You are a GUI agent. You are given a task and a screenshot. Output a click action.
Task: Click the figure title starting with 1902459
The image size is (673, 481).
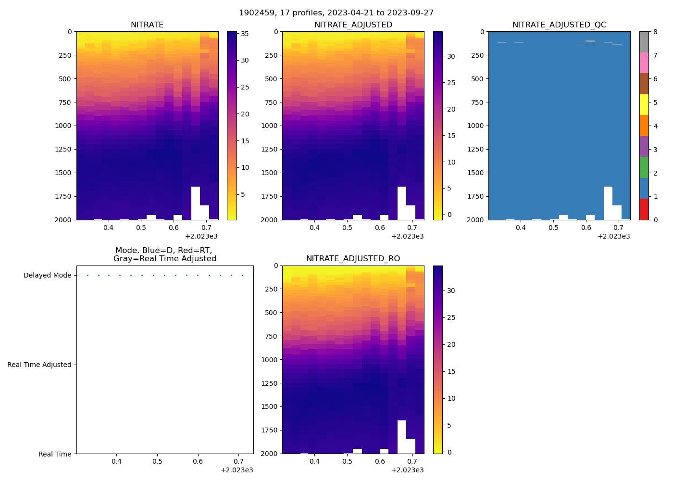336,13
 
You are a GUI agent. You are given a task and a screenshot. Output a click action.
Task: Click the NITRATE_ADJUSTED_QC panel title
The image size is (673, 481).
559,25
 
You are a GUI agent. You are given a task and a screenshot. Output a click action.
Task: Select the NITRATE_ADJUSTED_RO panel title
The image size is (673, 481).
353,259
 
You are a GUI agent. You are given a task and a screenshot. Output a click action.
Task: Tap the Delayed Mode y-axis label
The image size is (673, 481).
47,276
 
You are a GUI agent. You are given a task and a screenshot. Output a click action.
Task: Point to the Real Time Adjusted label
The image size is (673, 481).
39,365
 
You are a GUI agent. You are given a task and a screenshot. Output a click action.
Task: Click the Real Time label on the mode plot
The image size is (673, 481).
55,454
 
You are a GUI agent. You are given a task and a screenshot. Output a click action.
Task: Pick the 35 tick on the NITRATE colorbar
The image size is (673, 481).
245,34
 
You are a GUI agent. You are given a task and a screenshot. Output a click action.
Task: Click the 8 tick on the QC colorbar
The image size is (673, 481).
656,32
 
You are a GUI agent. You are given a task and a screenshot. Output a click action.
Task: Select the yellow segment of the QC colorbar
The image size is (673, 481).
644,105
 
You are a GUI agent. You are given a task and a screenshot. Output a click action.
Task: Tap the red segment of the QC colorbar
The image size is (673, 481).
644,209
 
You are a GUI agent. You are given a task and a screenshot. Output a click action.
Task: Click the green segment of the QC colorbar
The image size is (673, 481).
644,167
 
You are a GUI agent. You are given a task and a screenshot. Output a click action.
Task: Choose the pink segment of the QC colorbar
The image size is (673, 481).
644,63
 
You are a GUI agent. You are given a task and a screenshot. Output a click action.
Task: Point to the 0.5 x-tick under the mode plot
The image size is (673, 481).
157,462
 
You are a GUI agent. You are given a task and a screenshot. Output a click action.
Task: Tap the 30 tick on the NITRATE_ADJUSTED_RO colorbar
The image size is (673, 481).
451,291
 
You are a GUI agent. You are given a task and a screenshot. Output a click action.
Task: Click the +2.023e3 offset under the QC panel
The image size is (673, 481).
613,236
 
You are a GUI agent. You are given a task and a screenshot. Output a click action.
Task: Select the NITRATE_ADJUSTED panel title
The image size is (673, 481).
353,25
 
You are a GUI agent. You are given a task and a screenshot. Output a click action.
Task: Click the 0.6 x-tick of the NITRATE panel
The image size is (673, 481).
174,228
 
